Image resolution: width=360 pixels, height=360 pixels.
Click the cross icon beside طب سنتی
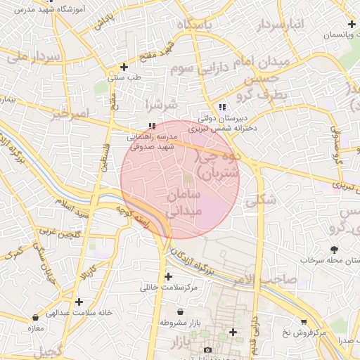pyautogui.click(x=124, y=67)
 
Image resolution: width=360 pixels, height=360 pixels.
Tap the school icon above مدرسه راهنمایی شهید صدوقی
pyautogui.click(x=151, y=126)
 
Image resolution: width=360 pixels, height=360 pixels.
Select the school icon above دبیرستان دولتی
pyautogui.click(x=222, y=107)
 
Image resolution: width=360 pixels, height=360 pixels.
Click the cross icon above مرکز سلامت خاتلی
pyautogui.click(x=167, y=276)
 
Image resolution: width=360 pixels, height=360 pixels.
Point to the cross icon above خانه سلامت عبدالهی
pyautogui.click(x=79, y=302)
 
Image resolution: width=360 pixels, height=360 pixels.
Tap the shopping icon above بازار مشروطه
pyautogui.click(x=181, y=311)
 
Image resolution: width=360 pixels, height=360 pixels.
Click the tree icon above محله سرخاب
pyautogui.click(x=333, y=250)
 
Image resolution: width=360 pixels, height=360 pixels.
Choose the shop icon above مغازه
pyautogui.click(x=35, y=318)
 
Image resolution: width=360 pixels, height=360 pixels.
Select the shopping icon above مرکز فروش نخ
pyautogui.click(x=303, y=320)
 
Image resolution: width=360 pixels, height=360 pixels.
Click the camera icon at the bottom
pyautogui.click(x=207, y=349)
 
